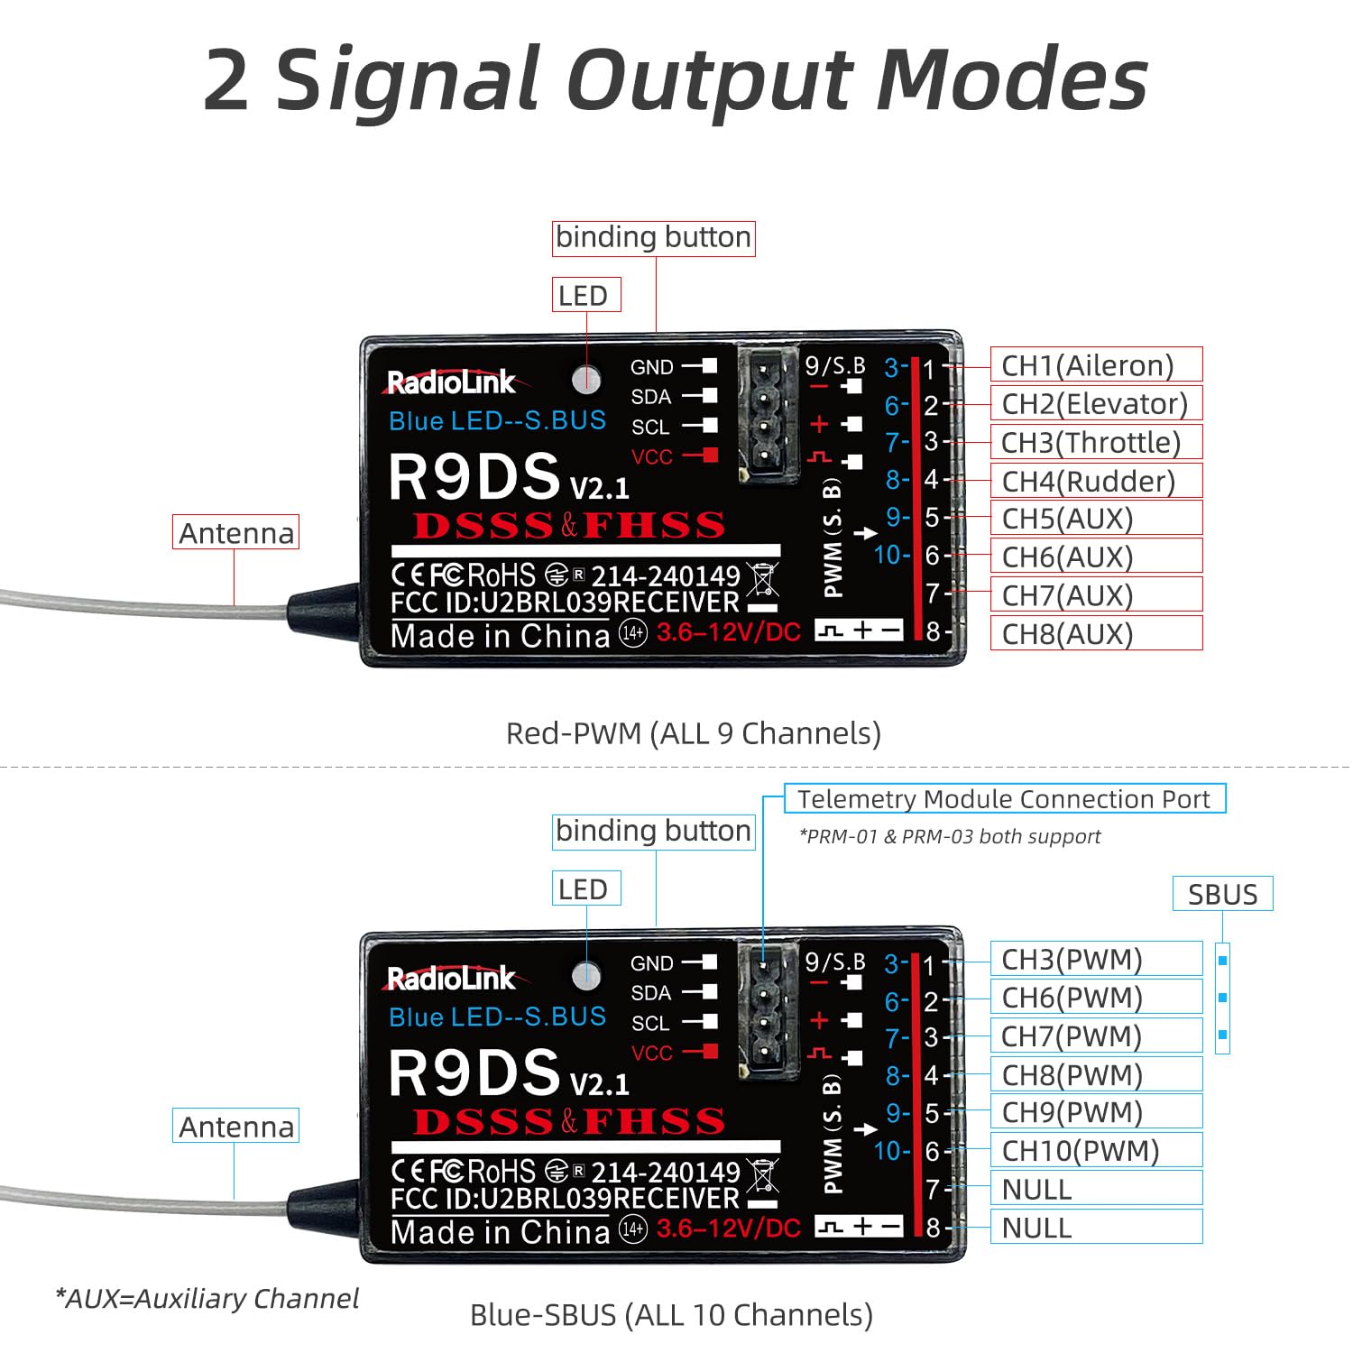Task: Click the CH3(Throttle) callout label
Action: coord(1096,443)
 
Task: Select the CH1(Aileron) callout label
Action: coord(1096,365)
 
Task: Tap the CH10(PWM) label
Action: coord(1096,1151)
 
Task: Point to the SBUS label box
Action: coord(1222,894)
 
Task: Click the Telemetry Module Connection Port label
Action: coord(1005,799)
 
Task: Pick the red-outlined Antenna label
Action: coord(235,532)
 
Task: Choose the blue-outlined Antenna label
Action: coord(235,1126)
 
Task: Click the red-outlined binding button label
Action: coord(654,238)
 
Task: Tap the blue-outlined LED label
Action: coord(586,889)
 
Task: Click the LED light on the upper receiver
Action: coord(586,380)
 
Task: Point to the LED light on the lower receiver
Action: coord(586,975)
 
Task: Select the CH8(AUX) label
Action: coord(1096,633)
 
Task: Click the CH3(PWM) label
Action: coord(1096,959)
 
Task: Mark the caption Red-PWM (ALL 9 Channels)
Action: coord(693,733)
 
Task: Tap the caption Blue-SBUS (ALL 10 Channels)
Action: coord(671,1315)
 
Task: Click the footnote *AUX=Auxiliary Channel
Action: coord(207,1298)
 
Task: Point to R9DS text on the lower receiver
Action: coord(474,1072)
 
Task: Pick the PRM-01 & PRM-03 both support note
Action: coord(950,836)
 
